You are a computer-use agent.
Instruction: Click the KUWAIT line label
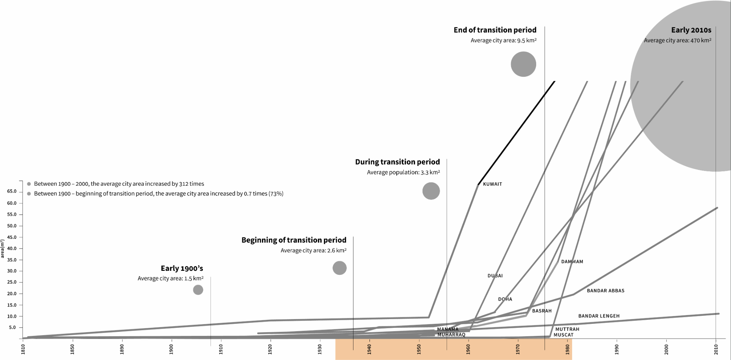point(492,184)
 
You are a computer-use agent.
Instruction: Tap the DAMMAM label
point(572,262)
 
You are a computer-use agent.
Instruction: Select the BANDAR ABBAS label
point(605,291)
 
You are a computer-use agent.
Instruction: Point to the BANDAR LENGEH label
point(599,316)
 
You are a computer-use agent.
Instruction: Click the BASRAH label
point(542,311)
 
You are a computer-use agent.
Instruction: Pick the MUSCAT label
point(563,335)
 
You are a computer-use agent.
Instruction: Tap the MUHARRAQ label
point(451,335)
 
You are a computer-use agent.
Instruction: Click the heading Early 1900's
point(182,269)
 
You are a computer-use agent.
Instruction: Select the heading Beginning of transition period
point(294,240)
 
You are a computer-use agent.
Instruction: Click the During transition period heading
point(397,162)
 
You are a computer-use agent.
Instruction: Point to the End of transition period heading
point(495,30)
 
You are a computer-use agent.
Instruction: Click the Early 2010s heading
point(691,30)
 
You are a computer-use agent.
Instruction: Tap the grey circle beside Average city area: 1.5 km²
point(198,290)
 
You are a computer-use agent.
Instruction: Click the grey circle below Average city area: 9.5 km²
point(523,64)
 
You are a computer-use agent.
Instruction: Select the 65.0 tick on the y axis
point(12,192)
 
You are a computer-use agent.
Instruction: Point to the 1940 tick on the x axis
point(369,349)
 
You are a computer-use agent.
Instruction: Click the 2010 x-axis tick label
point(716,349)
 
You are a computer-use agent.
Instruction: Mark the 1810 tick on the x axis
point(23,349)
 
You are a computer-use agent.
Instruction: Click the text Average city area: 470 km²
point(677,41)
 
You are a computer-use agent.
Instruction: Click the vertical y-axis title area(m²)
point(3,249)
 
